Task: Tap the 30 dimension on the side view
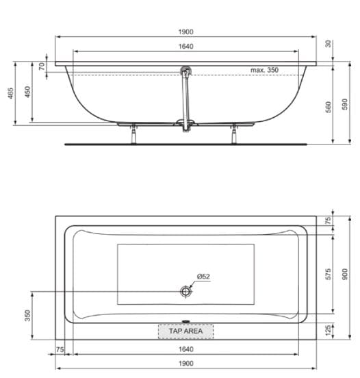(329, 44)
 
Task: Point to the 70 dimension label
(41, 66)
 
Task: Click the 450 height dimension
(27, 92)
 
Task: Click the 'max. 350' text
(264, 70)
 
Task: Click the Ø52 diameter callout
(203, 277)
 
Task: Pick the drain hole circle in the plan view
(185, 292)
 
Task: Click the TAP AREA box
(185, 331)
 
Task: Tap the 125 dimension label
(329, 330)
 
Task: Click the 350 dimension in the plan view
(27, 314)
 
